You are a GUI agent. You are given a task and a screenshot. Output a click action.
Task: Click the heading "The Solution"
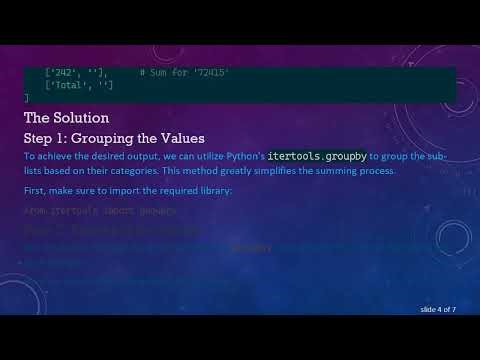[x=65, y=118]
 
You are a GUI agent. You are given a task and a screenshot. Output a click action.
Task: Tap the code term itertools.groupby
[x=317, y=156]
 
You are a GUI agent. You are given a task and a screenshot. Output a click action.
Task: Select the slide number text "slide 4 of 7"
[x=433, y=309]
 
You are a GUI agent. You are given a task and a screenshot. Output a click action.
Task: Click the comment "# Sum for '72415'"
[x=185, y=73]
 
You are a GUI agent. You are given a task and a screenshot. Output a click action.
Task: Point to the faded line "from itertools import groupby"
[x=100, y=212]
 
